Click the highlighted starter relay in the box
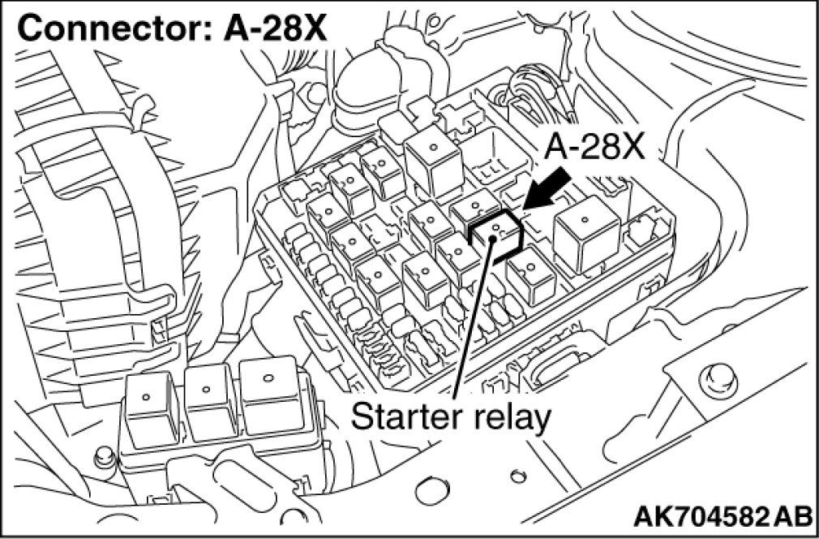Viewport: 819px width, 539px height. pyautogui.click(x=495, y=235)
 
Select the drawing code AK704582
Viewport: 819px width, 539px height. pyautogui.click(x=692, y=516)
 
